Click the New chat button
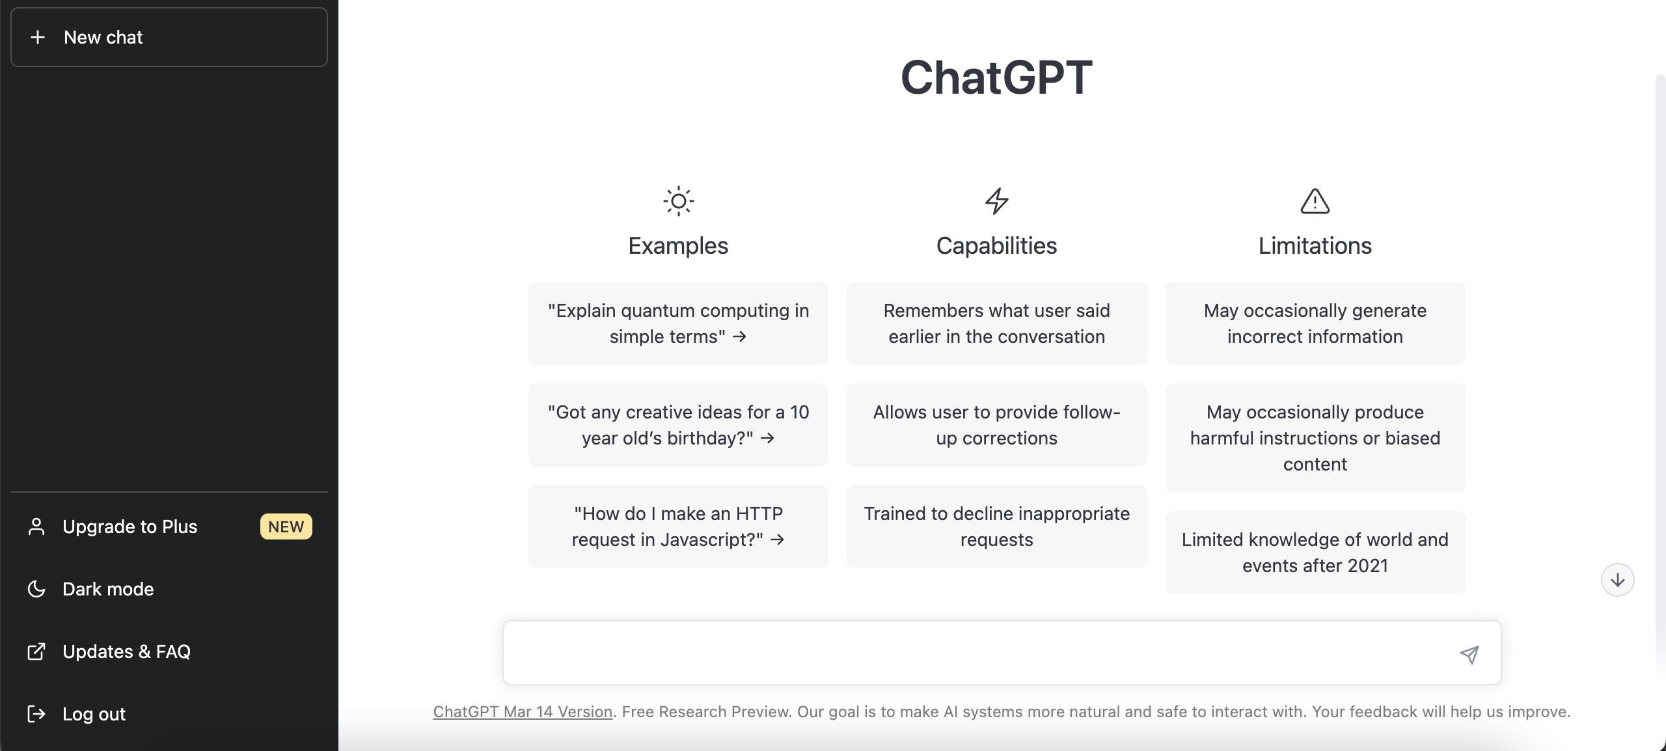tap(169, 37)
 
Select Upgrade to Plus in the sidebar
tap(130, 526)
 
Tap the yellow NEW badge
tap(286, 526)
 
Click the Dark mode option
tap(108, 589)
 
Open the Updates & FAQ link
tap(126, 651)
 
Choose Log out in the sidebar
tap(94, 714)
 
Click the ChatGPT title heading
tap(996, 77)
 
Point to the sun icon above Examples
tap(678, 201)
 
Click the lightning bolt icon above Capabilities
tap(996, 201)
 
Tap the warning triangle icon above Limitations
tap(1315, 201)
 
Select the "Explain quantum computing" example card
tap(678, 323)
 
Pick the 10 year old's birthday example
tap(678, 425)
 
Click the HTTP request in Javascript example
tap(678, 526)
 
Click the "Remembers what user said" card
tap(996, 323)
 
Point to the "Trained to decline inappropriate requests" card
tap(996, 526)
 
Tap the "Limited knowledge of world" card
tap(1315, 553)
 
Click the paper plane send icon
tap(1469, 654)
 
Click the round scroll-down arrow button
tap(1617, 580)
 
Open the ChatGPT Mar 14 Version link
tap(523, 712)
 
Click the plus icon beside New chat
tap(38, 37)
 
